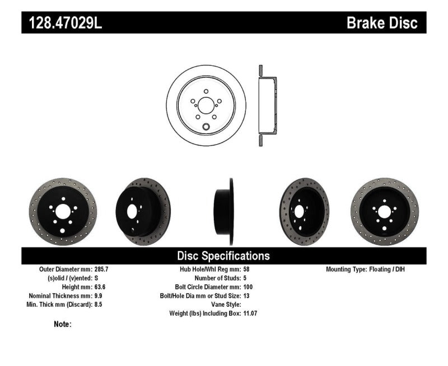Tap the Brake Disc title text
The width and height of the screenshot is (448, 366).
click(382, 23)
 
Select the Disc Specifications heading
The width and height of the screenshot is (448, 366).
click(223, 256)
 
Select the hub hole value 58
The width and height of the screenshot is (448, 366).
click(247, 269)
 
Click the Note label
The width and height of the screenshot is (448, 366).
click(63, 324)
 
